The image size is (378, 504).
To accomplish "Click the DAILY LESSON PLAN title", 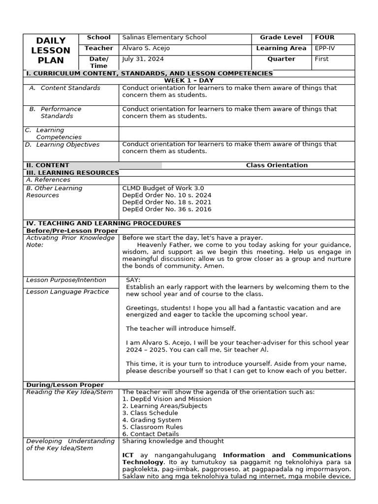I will pyautogui.click(x=51, y=50).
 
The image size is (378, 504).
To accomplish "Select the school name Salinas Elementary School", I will pyautogui.click(x=164, y=37).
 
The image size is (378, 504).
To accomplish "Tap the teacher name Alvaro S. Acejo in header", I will pyautogui.click(x=149, y=48).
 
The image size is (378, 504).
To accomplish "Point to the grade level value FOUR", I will pyautogui.click(x=324, y=37).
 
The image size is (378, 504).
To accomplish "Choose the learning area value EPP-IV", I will pyautogui.click(x=324, y=48).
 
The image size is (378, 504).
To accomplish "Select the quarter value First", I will pyautogui.click(x=321, y=59).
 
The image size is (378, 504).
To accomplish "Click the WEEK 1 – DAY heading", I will pyautogui.click(x=189, y=81).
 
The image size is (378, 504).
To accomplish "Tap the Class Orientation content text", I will pyautogui.click(x=277, y=165).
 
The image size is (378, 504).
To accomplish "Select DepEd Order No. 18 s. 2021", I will pyautogui.click(x=166, y=202).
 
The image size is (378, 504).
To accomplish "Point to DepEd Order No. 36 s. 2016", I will pyautogui.click(x=166, y=209).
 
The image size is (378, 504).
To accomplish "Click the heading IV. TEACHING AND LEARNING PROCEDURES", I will pyautogui.click(x=103, y=223).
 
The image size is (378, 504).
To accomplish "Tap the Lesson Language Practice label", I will pyautogui.click(x=67, y=292).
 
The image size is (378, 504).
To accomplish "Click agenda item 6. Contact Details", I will pyautogui.click(x=151, y=434).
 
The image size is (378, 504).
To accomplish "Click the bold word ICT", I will pyautogui.click(x=128, y=455).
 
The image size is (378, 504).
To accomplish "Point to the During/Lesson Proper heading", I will pyautogui.click(x=65, y=385).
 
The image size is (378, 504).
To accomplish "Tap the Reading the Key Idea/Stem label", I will pyautogui.click(x=69, y=392).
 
